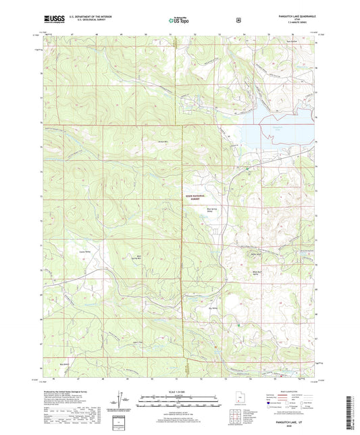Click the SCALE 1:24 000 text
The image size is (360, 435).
click(180, 392)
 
